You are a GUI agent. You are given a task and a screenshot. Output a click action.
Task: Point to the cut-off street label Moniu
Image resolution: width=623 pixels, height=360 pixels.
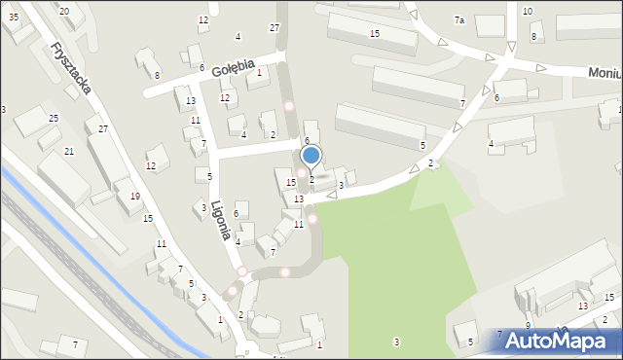(x=605, y=72)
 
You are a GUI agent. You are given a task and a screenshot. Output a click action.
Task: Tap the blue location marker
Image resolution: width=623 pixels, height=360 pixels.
(x=311, y=155)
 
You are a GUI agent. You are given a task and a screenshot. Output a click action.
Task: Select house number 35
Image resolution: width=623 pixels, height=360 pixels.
(x=14, y=17)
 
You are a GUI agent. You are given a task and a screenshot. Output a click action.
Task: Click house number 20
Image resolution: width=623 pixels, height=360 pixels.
(x=64, y=11)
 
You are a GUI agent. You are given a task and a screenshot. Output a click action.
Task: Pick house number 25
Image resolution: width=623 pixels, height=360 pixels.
(x=54, y=118)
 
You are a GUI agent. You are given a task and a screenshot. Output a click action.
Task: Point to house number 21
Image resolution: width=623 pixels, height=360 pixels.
(x=69, y=152)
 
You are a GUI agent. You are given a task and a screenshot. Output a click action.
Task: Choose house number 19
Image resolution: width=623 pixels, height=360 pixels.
(x=135, y=197)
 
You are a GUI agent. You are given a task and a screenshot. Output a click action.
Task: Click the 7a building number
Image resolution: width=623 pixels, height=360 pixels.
(x=459, y=19)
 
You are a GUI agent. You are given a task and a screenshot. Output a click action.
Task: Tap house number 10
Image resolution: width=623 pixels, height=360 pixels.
(x=527, y=11)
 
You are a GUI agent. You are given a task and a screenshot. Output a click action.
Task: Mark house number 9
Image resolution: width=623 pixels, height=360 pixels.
(x=528, y=325)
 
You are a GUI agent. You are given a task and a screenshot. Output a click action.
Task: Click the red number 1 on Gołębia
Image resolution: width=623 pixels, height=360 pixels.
(x=259, y=72)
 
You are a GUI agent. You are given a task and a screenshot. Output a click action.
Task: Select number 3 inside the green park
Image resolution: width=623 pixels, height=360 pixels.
(x=395, y=342)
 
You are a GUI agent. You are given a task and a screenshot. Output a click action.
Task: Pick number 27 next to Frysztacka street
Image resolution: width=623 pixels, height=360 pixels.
(x=103, y=129)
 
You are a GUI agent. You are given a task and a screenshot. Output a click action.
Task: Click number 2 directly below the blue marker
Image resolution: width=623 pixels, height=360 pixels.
(x=311, y=179)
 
